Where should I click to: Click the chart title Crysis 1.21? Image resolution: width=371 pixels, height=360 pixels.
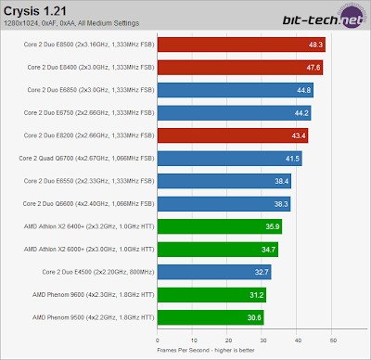(35, 11)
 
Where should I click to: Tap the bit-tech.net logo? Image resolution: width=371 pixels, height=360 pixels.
(323, 19)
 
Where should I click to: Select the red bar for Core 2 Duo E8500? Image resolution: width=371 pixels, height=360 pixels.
(241, 45)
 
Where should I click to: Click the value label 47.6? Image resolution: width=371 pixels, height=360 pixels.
(313, 68)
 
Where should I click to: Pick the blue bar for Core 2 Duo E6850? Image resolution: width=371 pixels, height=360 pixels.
(236, 90)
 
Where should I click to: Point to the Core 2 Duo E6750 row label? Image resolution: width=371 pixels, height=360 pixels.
(89, 113)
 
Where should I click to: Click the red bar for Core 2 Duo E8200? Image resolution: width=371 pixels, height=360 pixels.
(233, 135)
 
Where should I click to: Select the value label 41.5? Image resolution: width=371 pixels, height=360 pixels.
(292, 159)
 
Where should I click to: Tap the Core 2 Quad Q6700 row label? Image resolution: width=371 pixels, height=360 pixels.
(86, 159)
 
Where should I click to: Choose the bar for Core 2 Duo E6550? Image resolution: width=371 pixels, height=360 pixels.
(224, 181)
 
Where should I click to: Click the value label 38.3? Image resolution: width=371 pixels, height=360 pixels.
(281, 204)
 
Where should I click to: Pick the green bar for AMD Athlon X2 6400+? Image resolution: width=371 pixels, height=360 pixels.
(220, 226)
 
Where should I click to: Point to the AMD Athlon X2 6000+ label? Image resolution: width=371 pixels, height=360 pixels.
(89, 250)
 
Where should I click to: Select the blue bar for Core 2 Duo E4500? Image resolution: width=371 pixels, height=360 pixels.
(214, 272)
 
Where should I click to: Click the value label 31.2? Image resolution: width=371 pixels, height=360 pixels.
(257, 295)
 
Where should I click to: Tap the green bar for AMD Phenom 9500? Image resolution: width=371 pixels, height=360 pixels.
(211, 317)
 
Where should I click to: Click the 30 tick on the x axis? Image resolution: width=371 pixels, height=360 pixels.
(263, 341)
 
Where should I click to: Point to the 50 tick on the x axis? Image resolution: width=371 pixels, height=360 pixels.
(333, 341)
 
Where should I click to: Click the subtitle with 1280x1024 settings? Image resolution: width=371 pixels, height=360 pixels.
(71, 23)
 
